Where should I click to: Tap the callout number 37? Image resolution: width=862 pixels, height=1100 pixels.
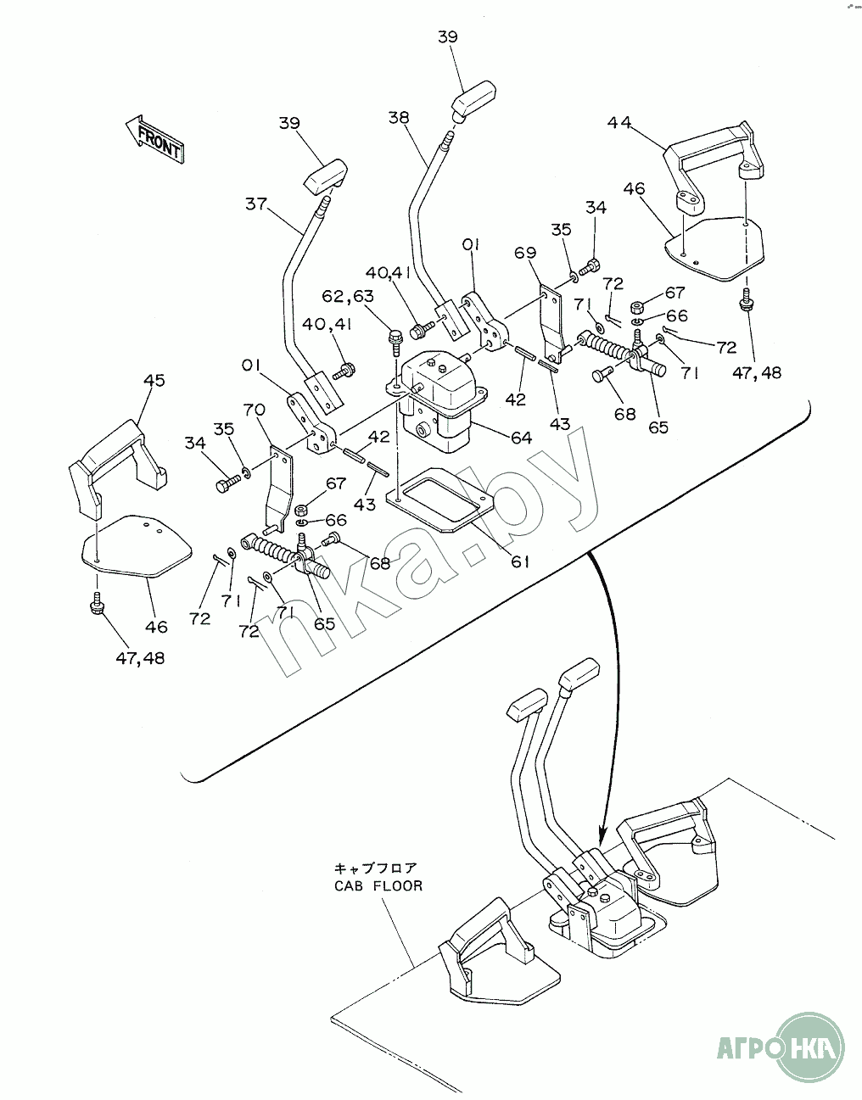pos(256,204)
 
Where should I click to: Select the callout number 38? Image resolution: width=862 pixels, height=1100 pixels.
pos(399,118)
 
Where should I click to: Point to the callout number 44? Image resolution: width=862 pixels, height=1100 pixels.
pos(619,122)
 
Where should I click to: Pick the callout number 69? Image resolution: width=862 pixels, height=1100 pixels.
pos(526,253)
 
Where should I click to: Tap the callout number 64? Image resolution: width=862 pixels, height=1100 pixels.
pos(521,438)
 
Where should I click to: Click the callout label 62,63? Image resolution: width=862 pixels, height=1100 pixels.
pos(348,297)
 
